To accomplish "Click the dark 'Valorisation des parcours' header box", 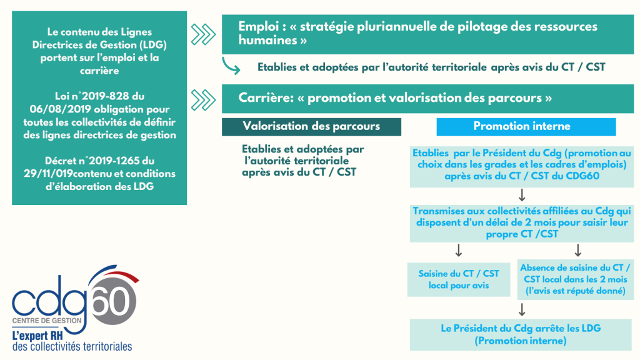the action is point(311,126).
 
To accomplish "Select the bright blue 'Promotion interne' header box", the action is point(526,126).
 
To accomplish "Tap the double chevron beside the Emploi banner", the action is point(203,34).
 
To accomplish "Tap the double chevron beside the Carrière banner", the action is point(203,100).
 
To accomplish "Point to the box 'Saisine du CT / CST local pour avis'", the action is point(459,279).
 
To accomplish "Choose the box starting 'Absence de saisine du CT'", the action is point(576,279).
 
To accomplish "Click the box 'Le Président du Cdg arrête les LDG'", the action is point(521,334).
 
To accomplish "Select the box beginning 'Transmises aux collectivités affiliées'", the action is point(522,223).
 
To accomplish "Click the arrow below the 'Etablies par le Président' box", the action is point(522,195).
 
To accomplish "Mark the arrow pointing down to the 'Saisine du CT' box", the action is point(459,250).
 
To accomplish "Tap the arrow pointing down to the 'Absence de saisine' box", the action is point(578,250).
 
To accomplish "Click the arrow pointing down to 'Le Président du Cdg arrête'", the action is point(522,309).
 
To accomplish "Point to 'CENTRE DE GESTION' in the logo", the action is point(47,321).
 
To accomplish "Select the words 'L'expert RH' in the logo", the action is point(37,336).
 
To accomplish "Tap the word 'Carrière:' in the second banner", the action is point(266,98).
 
